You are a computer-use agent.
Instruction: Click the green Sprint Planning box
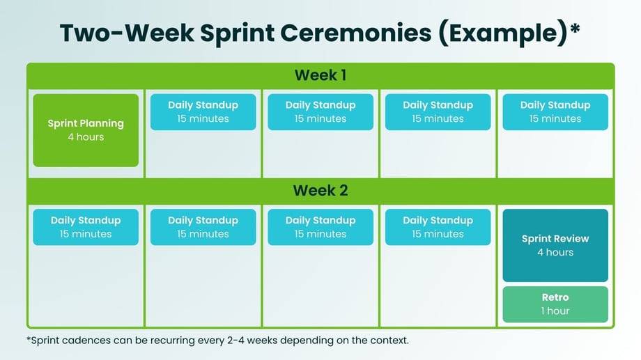(86, 130)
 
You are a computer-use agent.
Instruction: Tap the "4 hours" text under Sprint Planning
(86, 137)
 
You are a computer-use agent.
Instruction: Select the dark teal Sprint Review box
(555, 245)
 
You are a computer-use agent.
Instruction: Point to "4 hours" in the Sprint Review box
(555, 252)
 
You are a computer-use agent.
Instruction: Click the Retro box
(555, 304)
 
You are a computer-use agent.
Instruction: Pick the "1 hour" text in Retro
(555, 311)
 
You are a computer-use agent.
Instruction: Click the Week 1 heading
(320, 75)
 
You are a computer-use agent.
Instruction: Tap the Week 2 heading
(320, 191)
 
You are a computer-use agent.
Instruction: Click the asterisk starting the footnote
(28, 338)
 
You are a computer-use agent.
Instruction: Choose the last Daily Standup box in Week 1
(555, 112)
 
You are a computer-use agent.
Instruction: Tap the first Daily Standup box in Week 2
(86, 227)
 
